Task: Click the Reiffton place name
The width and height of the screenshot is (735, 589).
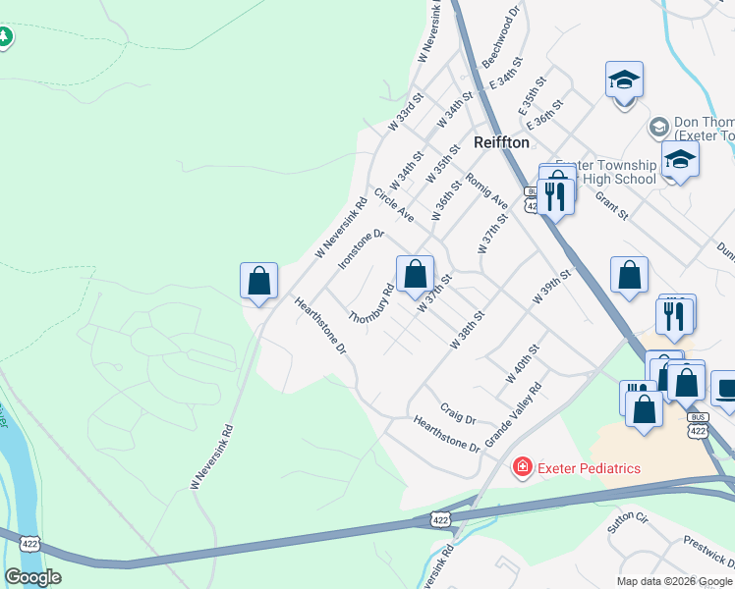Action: click(501, 142)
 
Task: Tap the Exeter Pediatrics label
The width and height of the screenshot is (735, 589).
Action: click(589, 468)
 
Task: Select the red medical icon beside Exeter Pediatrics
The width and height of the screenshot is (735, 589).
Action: click(522, 467)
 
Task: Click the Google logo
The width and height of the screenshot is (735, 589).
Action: click(32, 577)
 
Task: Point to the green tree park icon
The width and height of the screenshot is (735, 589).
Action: click(5, 36)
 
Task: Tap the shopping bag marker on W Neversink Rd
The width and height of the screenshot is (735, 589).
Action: click(258, 282)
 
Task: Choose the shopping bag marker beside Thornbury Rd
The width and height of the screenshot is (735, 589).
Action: click(416, 273)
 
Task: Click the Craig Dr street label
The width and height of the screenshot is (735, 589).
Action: click(458, 413)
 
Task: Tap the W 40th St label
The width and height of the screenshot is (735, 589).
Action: click(522, 363)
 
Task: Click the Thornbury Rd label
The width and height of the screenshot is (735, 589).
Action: click(371, 304)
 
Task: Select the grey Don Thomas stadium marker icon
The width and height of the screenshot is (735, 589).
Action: click(658, 127)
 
